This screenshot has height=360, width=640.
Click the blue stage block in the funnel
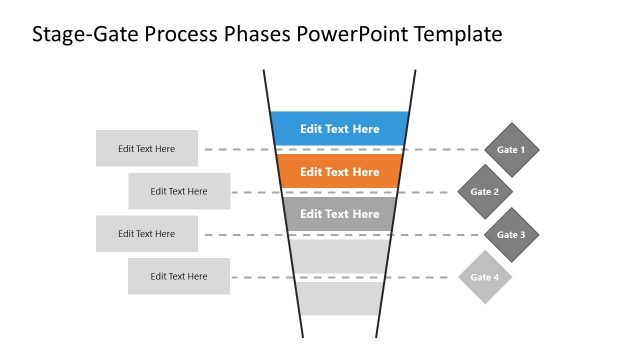coord(340,128)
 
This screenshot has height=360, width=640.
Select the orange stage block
coord(340,171)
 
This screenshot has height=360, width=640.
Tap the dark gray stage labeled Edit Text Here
coord(340,213)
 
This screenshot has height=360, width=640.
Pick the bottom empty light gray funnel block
coord(340,298)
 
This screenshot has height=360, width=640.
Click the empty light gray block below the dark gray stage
coord(340,255)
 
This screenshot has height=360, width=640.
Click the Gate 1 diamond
coord(511,150)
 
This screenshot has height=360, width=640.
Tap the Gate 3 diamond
coord(511,235)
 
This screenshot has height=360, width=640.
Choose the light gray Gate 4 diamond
coord(485,277)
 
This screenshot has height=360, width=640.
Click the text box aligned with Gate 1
coord(147,149)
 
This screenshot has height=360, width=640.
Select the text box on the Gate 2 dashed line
coord(179,191)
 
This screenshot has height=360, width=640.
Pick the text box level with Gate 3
coord(147,234)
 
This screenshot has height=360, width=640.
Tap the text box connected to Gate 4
coord(179,276)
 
